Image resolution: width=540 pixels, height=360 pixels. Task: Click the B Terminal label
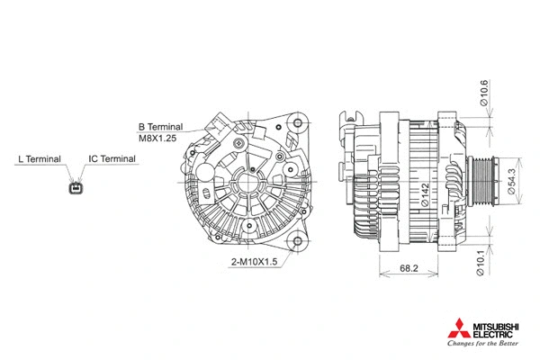160,127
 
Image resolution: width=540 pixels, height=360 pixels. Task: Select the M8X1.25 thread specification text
157,139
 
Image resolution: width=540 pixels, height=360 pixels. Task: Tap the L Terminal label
40,159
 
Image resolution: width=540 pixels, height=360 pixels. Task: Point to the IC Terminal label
112,159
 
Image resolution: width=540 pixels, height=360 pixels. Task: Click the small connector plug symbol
75,188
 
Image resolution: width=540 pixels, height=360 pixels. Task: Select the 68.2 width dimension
409,268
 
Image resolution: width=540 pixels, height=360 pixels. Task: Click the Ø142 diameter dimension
425,195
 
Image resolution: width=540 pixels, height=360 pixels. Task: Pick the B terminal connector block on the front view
217,131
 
